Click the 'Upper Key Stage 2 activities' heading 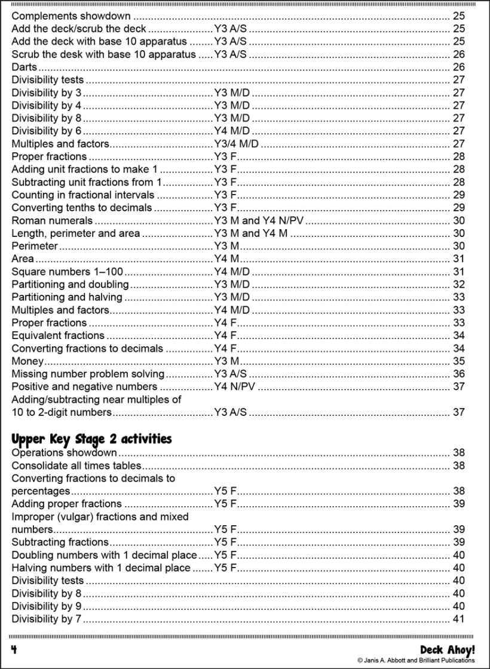click(x=91, y=439)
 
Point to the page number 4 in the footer click(x=14, y=649)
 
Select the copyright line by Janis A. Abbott click(x=416, y=660)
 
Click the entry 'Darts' click(x=24, y=67)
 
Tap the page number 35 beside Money click(x=459, y=361)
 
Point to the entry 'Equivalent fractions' click(x=58, y=335)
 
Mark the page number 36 click(x=459, y=374)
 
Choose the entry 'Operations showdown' click(x=64, y=452)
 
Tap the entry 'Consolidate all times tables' click(x=76, y=465)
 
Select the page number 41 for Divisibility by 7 click(x=459, y=619)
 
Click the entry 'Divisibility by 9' click(x=47, y=606)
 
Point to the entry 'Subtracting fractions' click(x=60, y=542)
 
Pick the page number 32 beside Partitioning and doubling click(x=459, y=285)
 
